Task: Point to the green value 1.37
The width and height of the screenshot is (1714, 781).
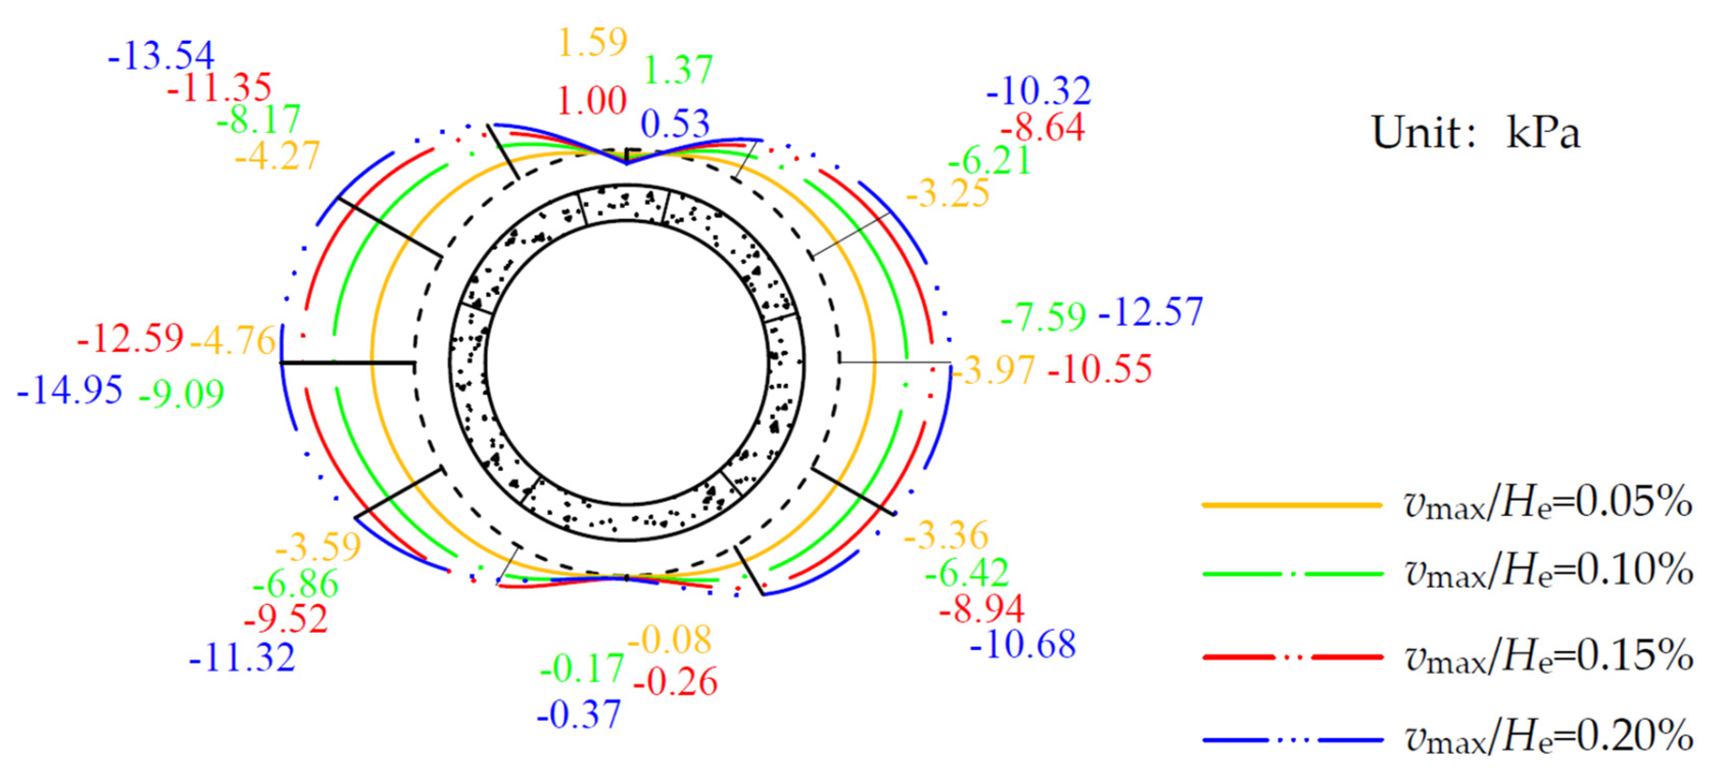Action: pos(678,69)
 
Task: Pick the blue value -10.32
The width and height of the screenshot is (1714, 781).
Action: pos(1039,90)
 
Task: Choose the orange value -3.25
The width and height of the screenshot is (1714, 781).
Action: pos(947,194)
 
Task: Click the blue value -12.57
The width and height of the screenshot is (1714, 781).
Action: pos(1151,312)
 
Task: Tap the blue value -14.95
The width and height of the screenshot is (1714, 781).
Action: pos(70,389)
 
